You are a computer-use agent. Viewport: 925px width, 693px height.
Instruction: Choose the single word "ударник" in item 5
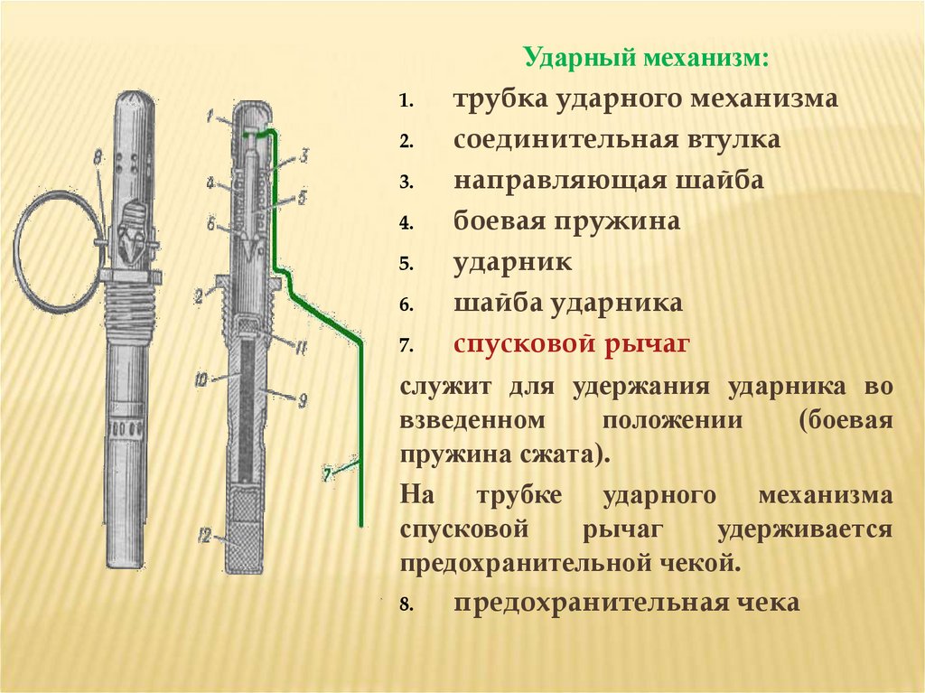(512, 263)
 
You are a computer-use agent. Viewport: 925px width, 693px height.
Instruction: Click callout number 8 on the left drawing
(98, 160)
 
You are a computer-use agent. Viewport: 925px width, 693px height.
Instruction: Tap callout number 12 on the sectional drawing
(204, 537)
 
